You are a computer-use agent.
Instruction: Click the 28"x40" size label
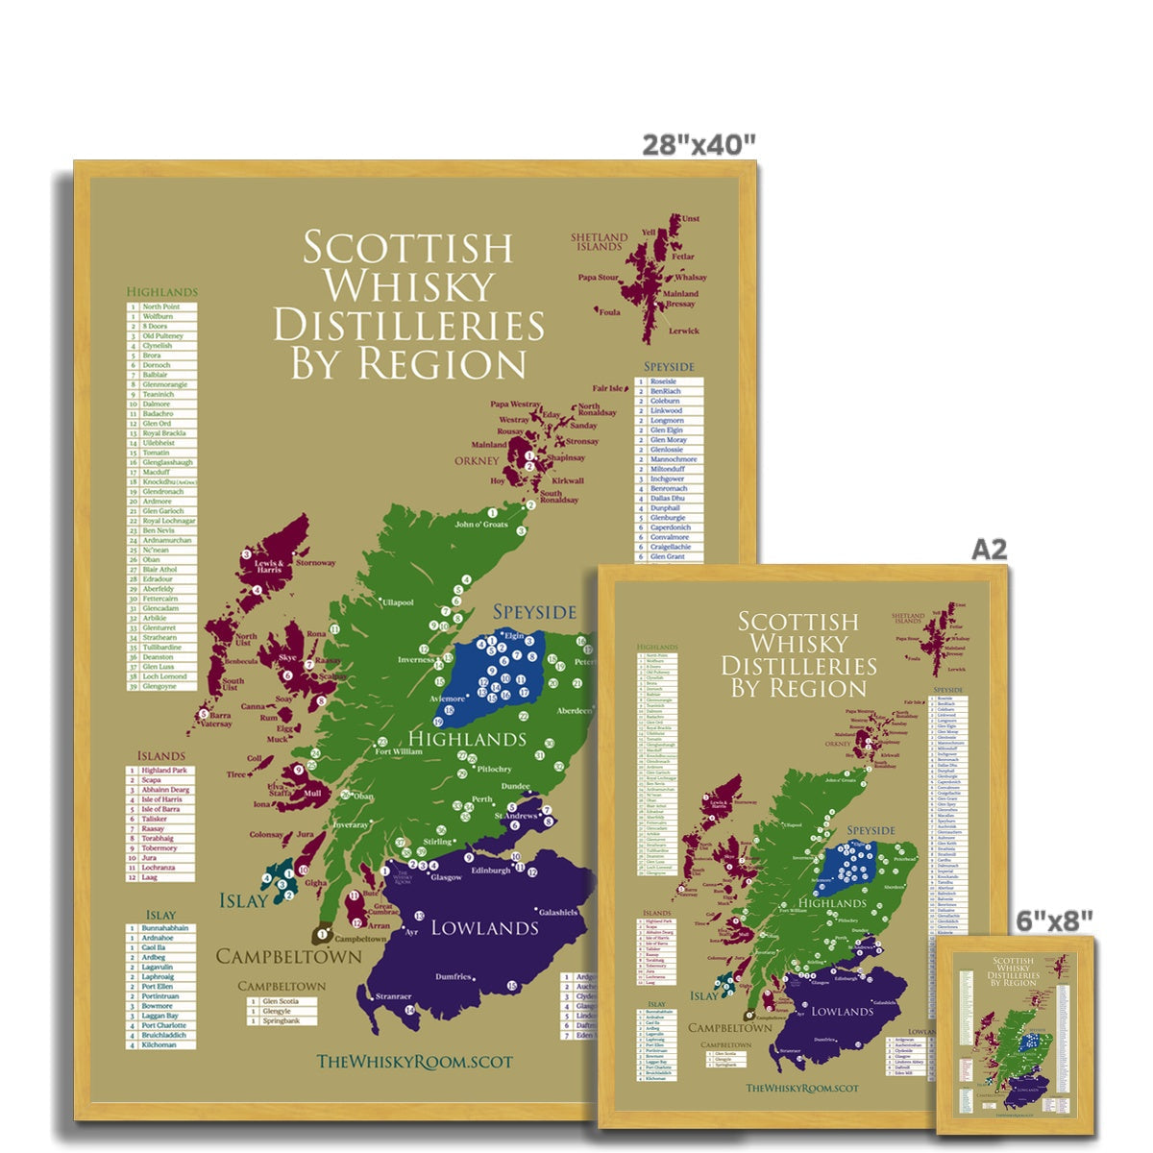click(699, 144)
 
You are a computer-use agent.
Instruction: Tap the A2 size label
click(989, 549)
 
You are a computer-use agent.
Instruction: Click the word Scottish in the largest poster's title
click(408, 247)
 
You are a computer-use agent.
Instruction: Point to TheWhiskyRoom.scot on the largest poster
click(414, 1061)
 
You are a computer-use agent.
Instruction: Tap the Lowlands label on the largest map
click(484, 927)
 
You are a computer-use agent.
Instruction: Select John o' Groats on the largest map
click(479, 525)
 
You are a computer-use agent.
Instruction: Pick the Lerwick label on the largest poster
click(684, 331)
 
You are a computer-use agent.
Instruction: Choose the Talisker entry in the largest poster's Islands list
click(154, 819)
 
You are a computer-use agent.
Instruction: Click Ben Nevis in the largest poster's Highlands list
click(158, 530)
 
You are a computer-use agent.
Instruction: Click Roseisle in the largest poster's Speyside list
click(663, 381)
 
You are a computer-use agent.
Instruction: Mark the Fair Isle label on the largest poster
click(608, 389)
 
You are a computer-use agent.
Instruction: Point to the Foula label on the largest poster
click(609, 311)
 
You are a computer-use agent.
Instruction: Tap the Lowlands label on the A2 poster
click(842, 1012)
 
